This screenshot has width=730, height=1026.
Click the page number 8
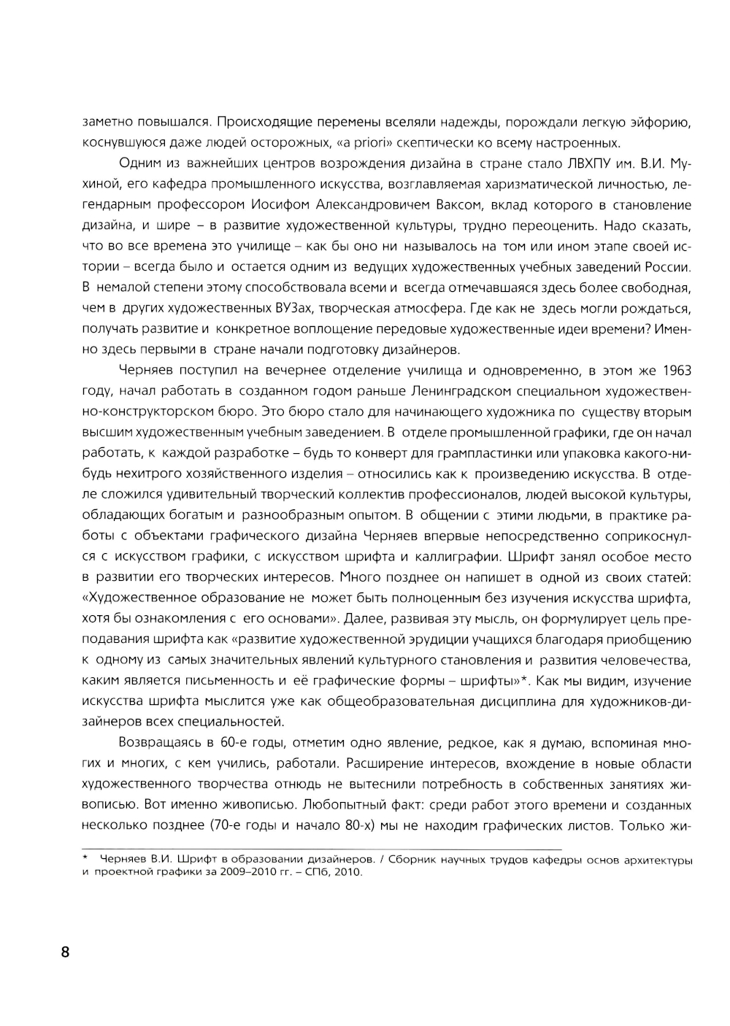(65, 952)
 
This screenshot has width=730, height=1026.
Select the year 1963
(675, 370)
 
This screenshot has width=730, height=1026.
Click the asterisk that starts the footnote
(85, 859)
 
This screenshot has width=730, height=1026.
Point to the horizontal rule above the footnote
(321, 849)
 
